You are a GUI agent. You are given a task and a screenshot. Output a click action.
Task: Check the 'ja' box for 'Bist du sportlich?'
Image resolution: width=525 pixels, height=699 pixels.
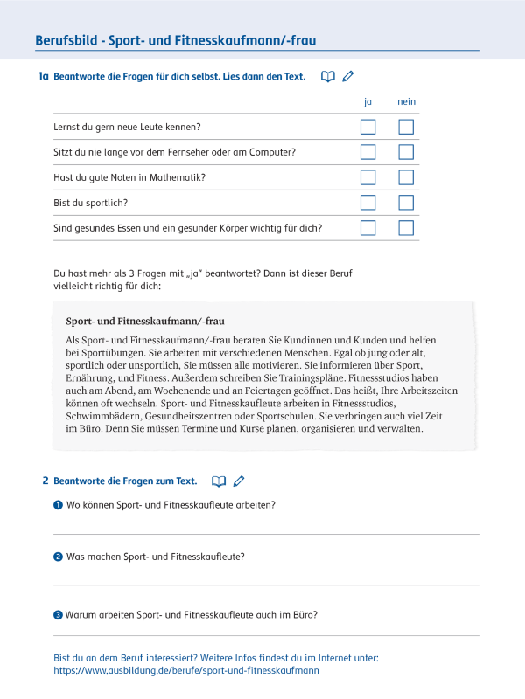coord(367,203)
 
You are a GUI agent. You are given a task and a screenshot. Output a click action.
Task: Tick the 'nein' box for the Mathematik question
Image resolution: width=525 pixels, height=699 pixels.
coord(406,177)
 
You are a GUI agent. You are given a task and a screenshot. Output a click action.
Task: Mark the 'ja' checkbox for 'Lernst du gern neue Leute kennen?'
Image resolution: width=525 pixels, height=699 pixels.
coord(367,128)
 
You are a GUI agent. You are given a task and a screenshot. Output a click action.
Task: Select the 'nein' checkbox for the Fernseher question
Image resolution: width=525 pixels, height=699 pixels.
coord(406,152)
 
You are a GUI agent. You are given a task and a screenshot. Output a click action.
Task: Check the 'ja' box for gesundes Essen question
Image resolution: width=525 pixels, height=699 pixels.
coord(367,228)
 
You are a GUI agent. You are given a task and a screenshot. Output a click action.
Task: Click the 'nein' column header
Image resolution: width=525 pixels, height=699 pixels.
coord(406,102)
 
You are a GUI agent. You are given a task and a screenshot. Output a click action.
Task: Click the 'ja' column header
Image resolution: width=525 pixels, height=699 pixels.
coord(367,102)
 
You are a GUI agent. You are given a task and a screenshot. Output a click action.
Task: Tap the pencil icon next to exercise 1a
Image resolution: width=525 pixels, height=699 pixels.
coord(348,77)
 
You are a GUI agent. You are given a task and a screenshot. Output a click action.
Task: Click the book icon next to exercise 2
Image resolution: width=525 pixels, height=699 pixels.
coord(219,481)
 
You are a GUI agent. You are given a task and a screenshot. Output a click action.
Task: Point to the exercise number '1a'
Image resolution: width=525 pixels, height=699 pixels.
coord(43,77)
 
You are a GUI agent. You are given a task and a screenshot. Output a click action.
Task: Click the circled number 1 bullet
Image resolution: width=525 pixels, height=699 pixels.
coord(58,505)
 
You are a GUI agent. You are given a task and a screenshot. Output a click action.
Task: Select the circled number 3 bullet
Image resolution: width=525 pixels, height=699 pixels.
coord(58,615)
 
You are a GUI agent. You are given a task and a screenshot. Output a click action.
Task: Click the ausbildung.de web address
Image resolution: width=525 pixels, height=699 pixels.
coord(186,670)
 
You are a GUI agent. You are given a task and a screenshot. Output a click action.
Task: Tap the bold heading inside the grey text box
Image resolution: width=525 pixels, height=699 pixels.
coord(144,321)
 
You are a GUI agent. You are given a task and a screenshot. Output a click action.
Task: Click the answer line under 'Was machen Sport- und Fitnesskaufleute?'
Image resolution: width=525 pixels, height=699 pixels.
coord(267,584)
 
